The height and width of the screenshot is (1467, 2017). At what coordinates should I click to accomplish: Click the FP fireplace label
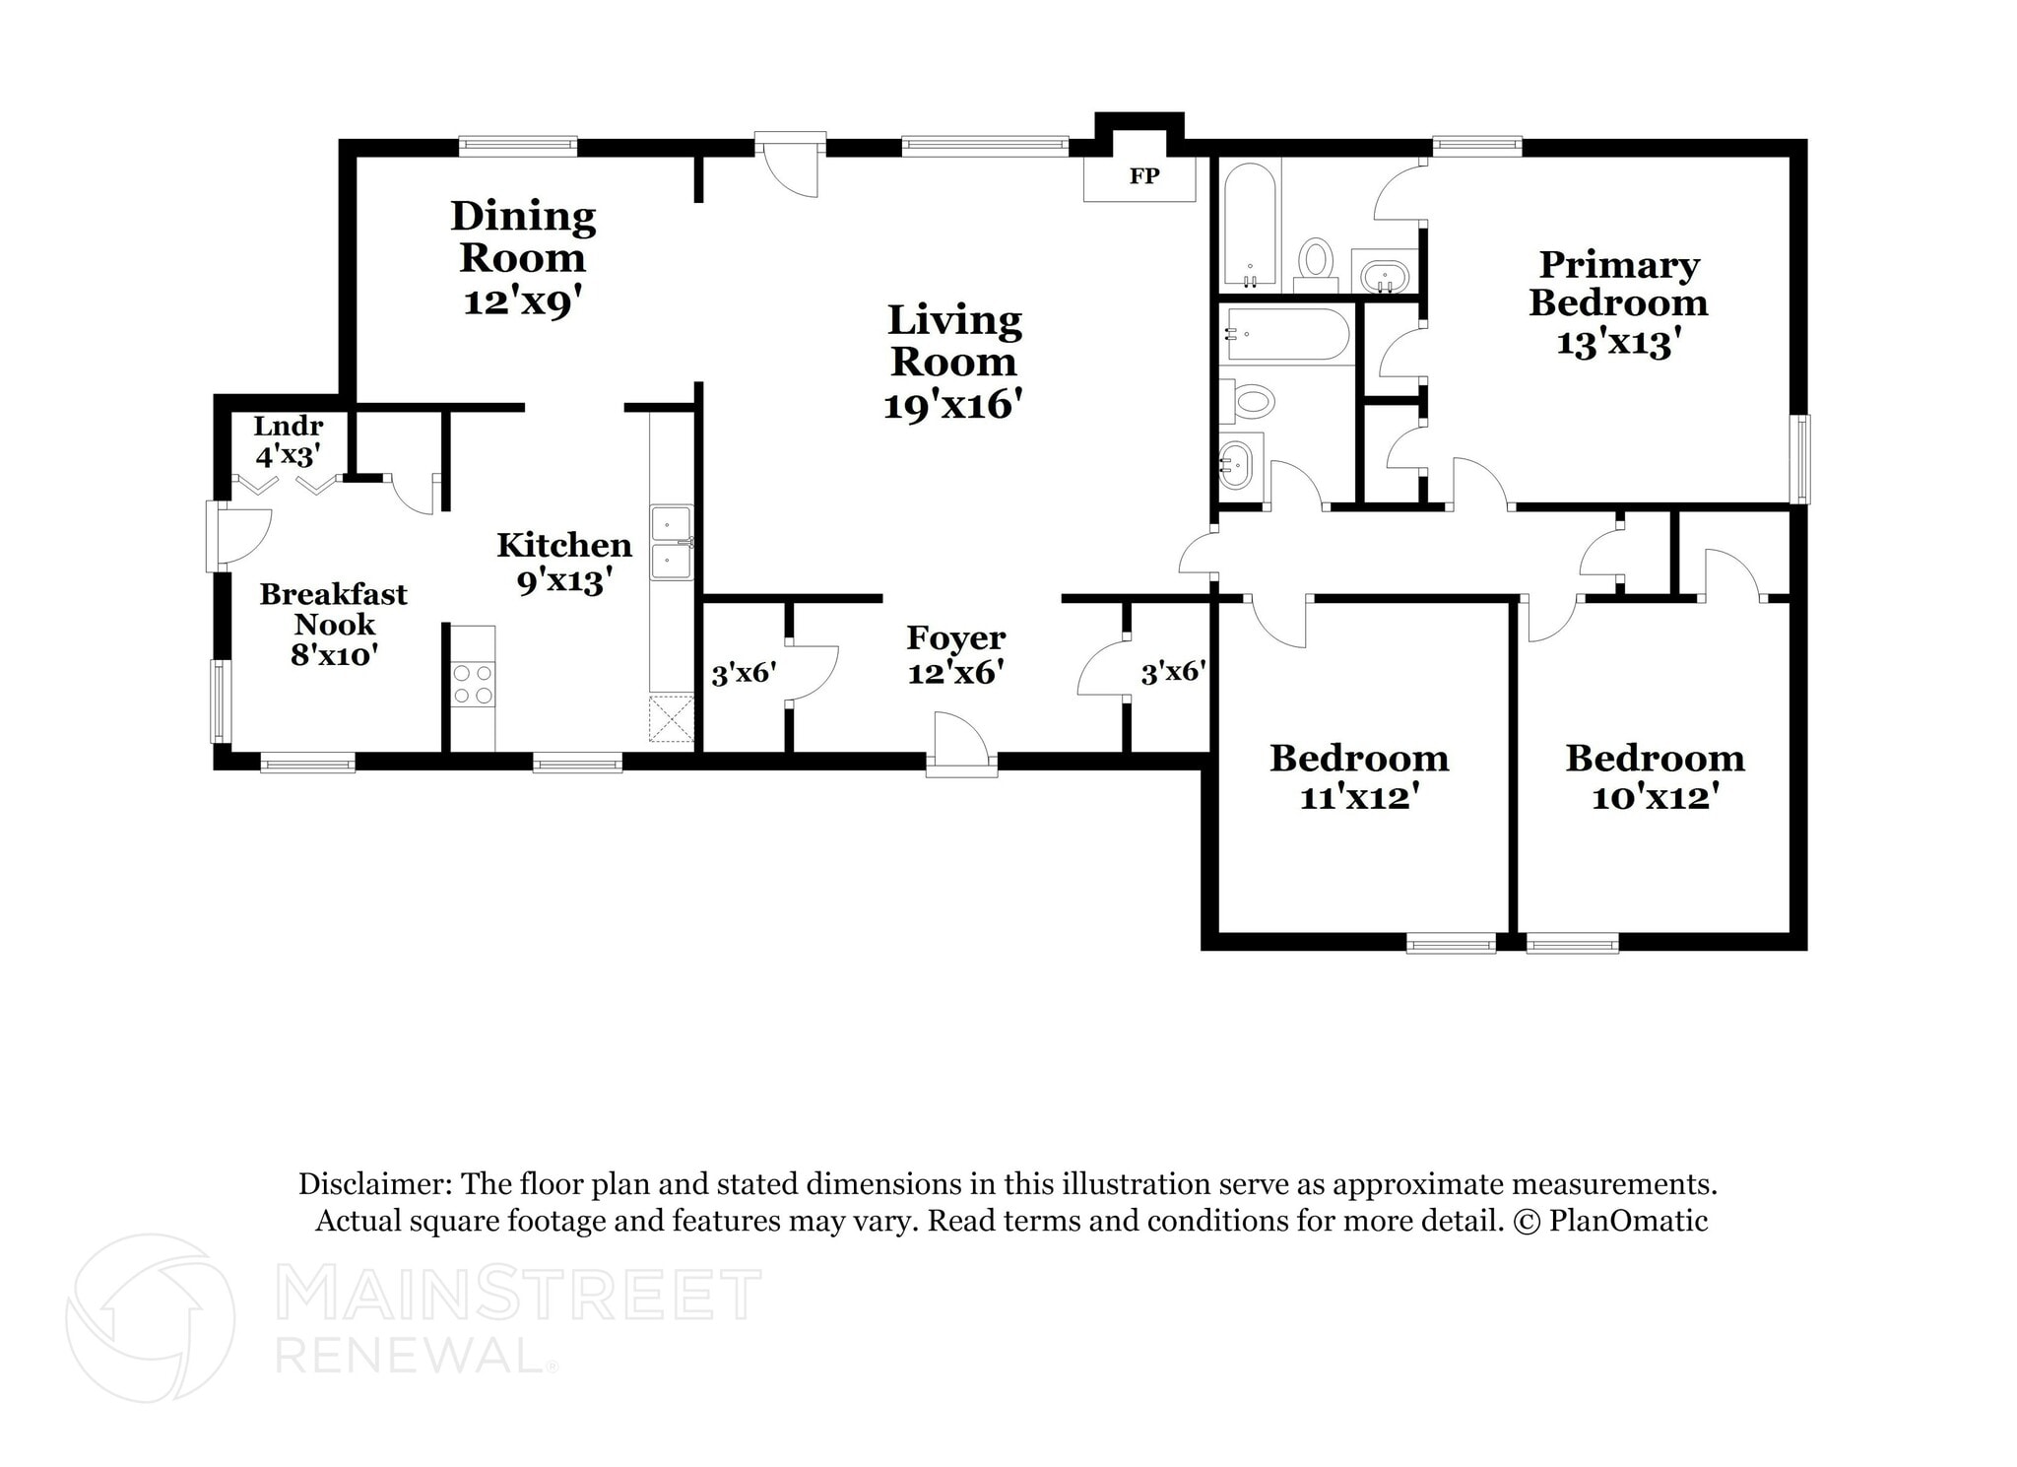(x=1143, y=176)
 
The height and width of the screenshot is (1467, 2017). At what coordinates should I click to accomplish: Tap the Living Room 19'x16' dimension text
(x=952, y=405)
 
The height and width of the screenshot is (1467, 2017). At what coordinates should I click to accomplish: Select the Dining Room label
(x=523, y=236)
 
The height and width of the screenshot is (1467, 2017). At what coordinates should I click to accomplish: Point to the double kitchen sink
(x=672, y=543)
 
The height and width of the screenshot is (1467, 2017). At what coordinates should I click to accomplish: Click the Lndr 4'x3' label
(x=288, y=440)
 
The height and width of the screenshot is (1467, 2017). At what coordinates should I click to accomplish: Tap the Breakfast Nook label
(x=333, y=609)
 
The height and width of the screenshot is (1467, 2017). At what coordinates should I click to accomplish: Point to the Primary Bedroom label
(x=1618, y=283)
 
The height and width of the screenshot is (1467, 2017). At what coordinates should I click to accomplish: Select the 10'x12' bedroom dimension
(x=1655, y=796)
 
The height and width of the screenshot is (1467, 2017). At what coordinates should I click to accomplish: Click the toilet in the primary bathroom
(x=1315, y=261)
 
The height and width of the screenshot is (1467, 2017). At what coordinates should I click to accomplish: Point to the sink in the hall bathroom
(x=1235, y=462)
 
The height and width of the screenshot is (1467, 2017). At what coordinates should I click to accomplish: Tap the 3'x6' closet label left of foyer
(x=744, y=674)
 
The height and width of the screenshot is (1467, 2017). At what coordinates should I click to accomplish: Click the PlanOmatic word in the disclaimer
(x=1628, y=1221)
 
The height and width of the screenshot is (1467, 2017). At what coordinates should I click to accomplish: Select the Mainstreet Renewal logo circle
(x=151, y=1317)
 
